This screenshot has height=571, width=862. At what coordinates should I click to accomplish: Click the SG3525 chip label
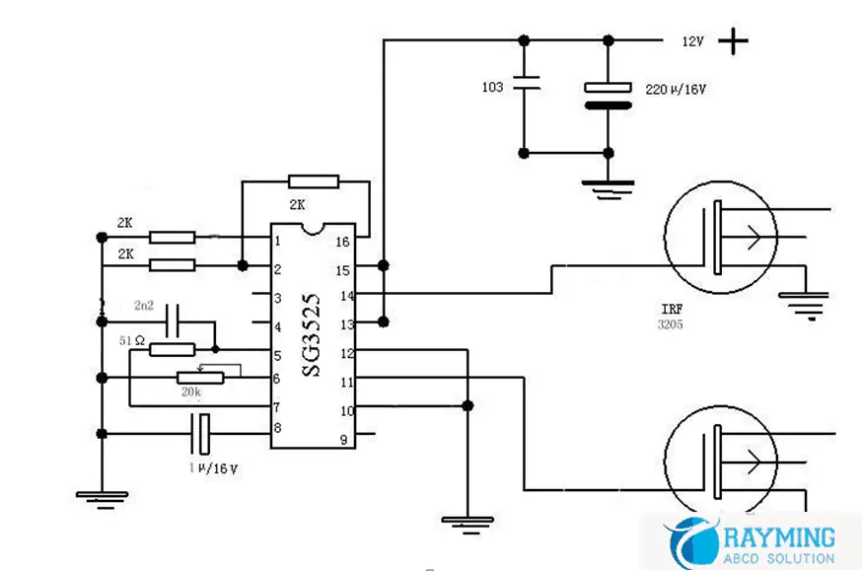[312, 336]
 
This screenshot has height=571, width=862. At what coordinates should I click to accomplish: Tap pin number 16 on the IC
[343, 242]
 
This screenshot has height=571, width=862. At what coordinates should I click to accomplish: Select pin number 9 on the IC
[343, 440]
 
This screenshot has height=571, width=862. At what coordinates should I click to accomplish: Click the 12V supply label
[692, 42]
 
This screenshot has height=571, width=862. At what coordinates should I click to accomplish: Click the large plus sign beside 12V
[733, 41]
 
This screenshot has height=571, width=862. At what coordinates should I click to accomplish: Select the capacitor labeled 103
[524, 87]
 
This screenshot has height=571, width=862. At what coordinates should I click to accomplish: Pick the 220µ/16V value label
[676, 89]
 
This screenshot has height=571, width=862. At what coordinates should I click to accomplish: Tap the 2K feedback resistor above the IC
[314, 181]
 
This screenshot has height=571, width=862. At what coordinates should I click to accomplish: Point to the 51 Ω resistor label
[132, 340]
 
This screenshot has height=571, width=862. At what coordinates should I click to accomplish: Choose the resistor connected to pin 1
[172, 237]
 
